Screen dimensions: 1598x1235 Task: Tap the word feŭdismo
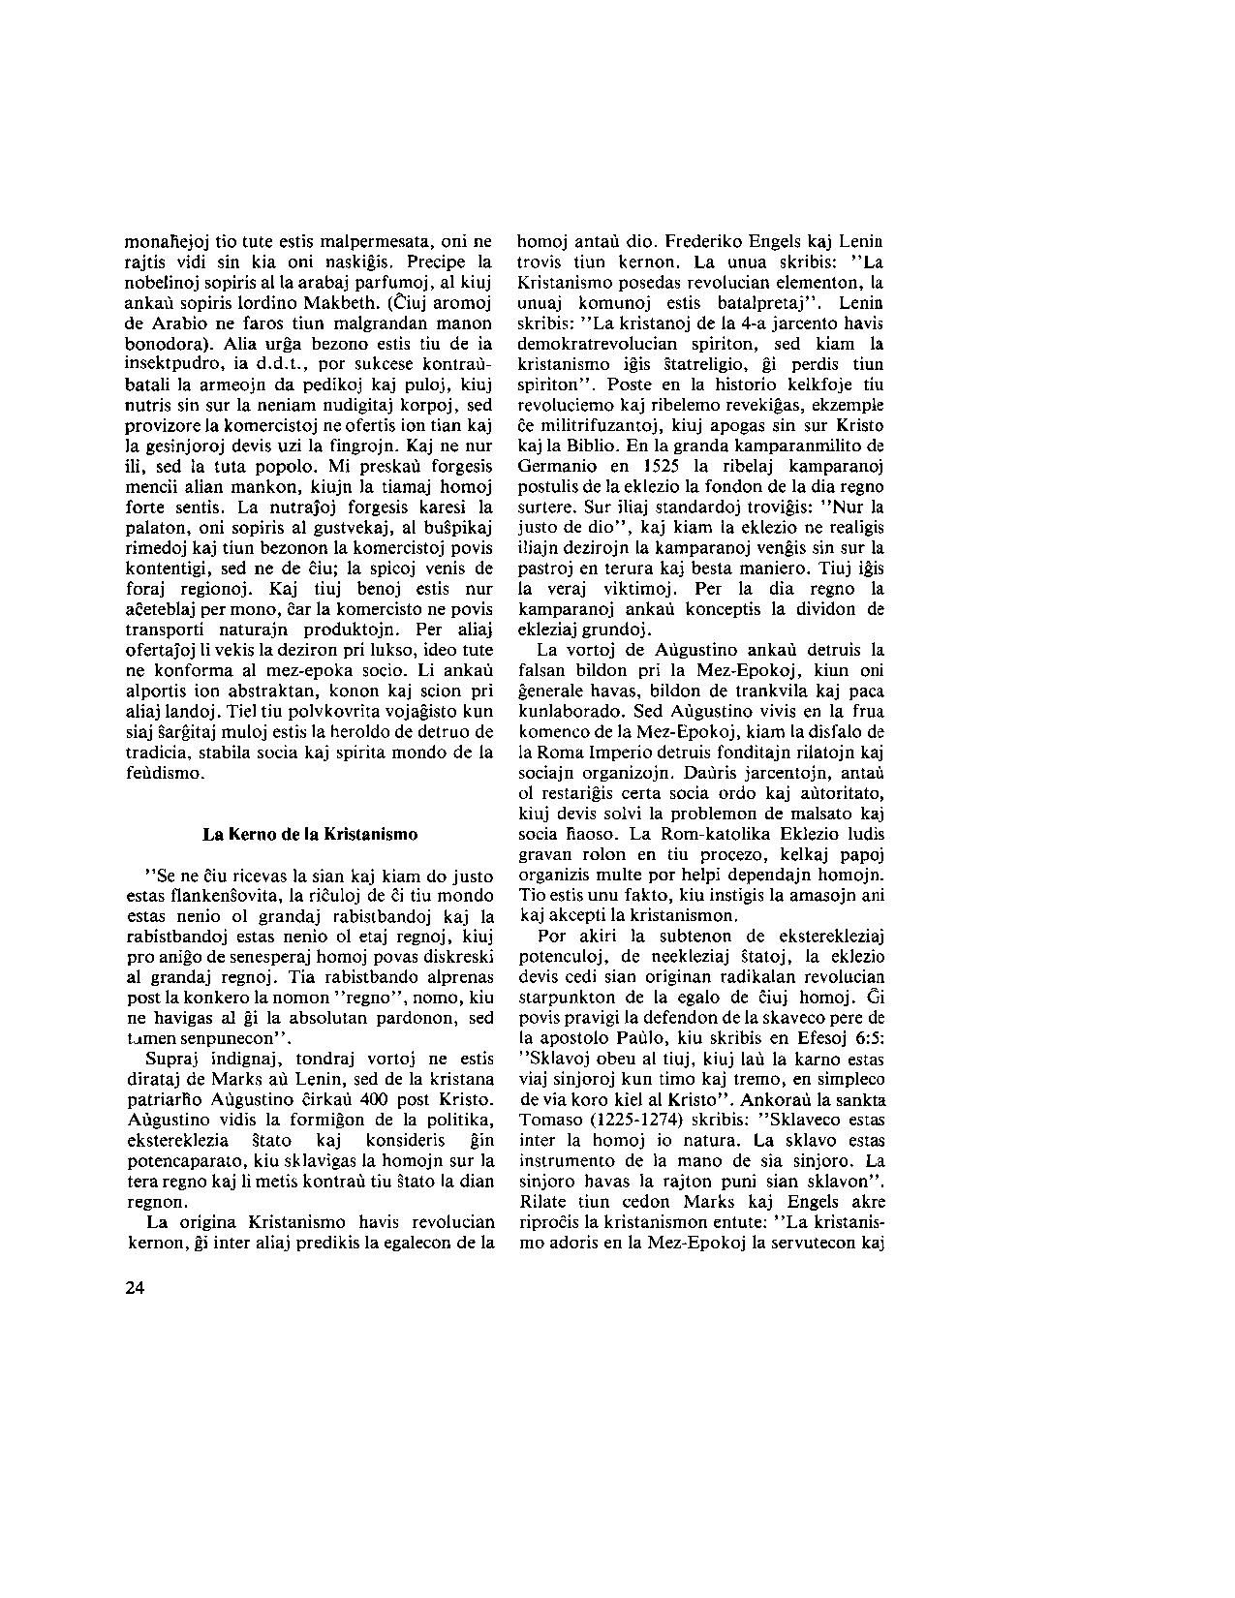tap(166, 773)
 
